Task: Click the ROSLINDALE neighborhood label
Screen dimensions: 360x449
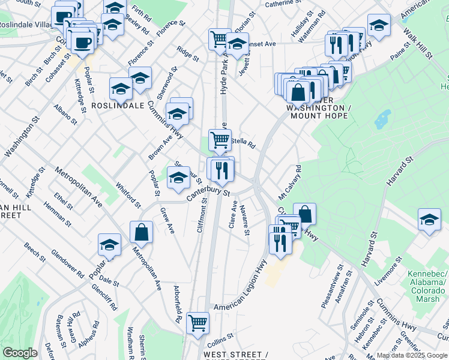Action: point(118,105)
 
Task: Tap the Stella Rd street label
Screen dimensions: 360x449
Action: point(244,144)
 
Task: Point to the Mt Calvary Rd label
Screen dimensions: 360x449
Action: point(288,184)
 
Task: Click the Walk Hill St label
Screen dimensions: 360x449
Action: point(418,43)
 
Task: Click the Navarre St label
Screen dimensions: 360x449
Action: point(244,221)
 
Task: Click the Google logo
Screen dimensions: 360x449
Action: point(20,353)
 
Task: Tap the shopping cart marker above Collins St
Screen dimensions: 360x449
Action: point(197,322)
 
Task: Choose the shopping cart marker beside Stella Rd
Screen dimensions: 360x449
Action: point(220,140)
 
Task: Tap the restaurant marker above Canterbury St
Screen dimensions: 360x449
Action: point(222,170)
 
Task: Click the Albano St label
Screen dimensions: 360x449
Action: point(65,113)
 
